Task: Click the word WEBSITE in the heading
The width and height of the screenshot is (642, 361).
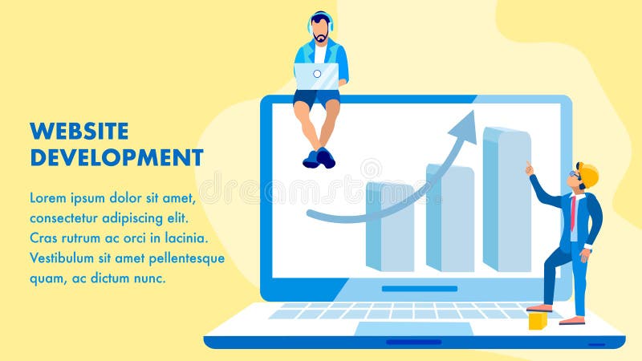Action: (x=79, y=130)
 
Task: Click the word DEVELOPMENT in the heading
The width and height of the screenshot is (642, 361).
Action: (x=116, y=156)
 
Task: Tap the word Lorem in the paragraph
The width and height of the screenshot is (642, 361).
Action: (x=48, y=197)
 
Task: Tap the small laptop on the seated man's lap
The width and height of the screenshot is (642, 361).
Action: (x=316, y=76)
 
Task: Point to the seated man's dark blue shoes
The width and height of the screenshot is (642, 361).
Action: (x=319, y=158)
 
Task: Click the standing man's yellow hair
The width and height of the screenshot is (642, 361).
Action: (x=589, y=173)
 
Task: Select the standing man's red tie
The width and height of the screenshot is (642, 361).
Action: (x=573, y=213)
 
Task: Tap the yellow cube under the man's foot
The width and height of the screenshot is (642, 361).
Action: (x=537, y=321)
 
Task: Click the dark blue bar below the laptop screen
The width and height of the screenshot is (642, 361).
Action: (x=419, y=289)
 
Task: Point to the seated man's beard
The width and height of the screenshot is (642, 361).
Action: (x=321, y=38)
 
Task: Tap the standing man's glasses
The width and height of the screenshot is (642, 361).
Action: (x=576, y=176)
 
